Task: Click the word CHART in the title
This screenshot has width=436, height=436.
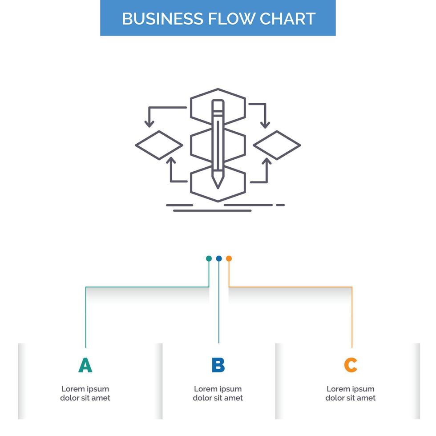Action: (x=287, y=19)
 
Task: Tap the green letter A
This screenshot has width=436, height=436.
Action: (x=85, y=365)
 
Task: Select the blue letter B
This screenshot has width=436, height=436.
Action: (x=218, y=365)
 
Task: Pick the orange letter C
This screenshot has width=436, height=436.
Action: (x=351, y=365)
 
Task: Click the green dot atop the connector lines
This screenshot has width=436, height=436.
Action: (x=209, y=258)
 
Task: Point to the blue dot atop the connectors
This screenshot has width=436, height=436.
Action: (x=218, y=258)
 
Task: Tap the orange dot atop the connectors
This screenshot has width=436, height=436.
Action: (x=229, y=258)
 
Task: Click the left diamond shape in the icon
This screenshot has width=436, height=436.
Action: (x=159, y=145)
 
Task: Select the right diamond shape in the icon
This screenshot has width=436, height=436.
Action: (x=277, y=145)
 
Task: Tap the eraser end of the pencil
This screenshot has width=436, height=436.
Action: (x=218, y=105)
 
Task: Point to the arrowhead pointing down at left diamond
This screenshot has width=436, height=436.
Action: (x=149, y=123)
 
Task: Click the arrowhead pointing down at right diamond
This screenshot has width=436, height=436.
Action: (x=266, y=123)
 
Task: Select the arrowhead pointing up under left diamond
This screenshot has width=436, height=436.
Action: (x=171, y=161)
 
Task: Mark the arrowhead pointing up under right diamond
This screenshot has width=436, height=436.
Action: (x=266, y=161)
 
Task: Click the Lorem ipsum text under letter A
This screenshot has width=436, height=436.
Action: (x=85, y=393)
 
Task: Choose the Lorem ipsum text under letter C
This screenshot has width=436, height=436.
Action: (x=351, y=393)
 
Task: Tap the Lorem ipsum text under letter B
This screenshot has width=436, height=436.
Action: (x=218, y=393)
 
